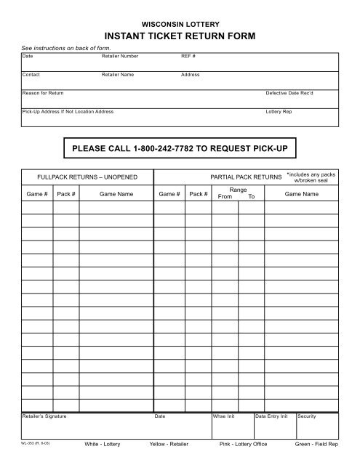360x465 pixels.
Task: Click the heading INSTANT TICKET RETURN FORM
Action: (x=180, y=36)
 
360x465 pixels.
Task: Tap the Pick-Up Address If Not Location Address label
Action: (x=68, y=113)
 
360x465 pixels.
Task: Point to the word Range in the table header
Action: (x=239, y=190)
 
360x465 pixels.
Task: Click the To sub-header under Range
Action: (x=252, y=197)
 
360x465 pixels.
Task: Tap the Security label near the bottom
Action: (x=307, y=416)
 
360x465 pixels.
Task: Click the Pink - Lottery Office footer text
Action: (x=243, y=444)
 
